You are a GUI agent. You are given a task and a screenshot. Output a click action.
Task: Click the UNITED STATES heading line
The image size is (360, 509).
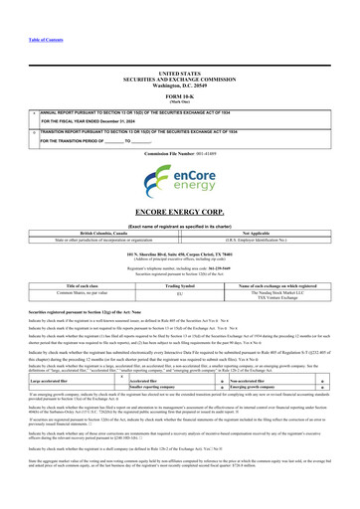[180, 74]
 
